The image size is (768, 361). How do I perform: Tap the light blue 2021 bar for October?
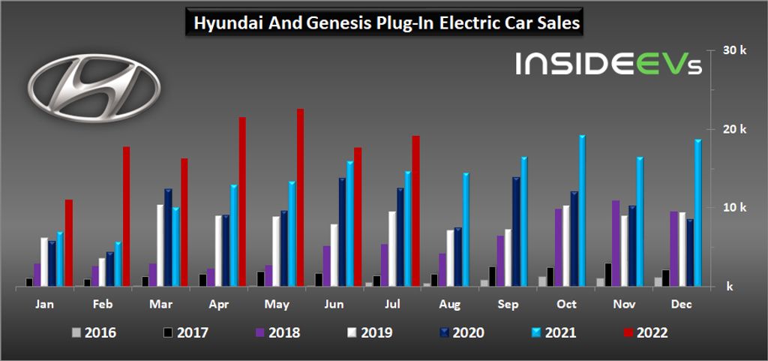tap(582, 211)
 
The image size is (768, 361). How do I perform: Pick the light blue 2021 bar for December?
tap(697, 213)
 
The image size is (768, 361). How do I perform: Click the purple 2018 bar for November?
tap(616, 243)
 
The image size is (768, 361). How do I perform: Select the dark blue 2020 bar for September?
tap(516, 232)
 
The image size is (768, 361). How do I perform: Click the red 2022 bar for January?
tap(69, 243)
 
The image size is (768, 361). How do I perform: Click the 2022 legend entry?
tap(642, 332)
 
